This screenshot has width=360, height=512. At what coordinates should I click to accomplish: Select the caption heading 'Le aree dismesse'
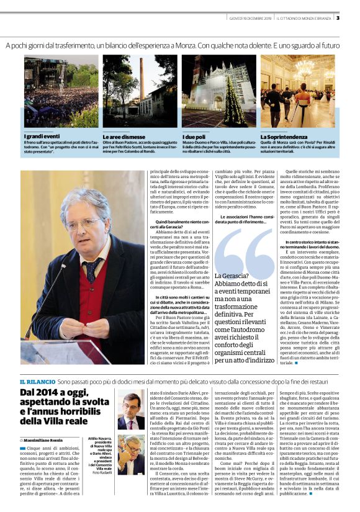pos(122,136)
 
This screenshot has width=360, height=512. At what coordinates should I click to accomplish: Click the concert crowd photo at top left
pos(61,91)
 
